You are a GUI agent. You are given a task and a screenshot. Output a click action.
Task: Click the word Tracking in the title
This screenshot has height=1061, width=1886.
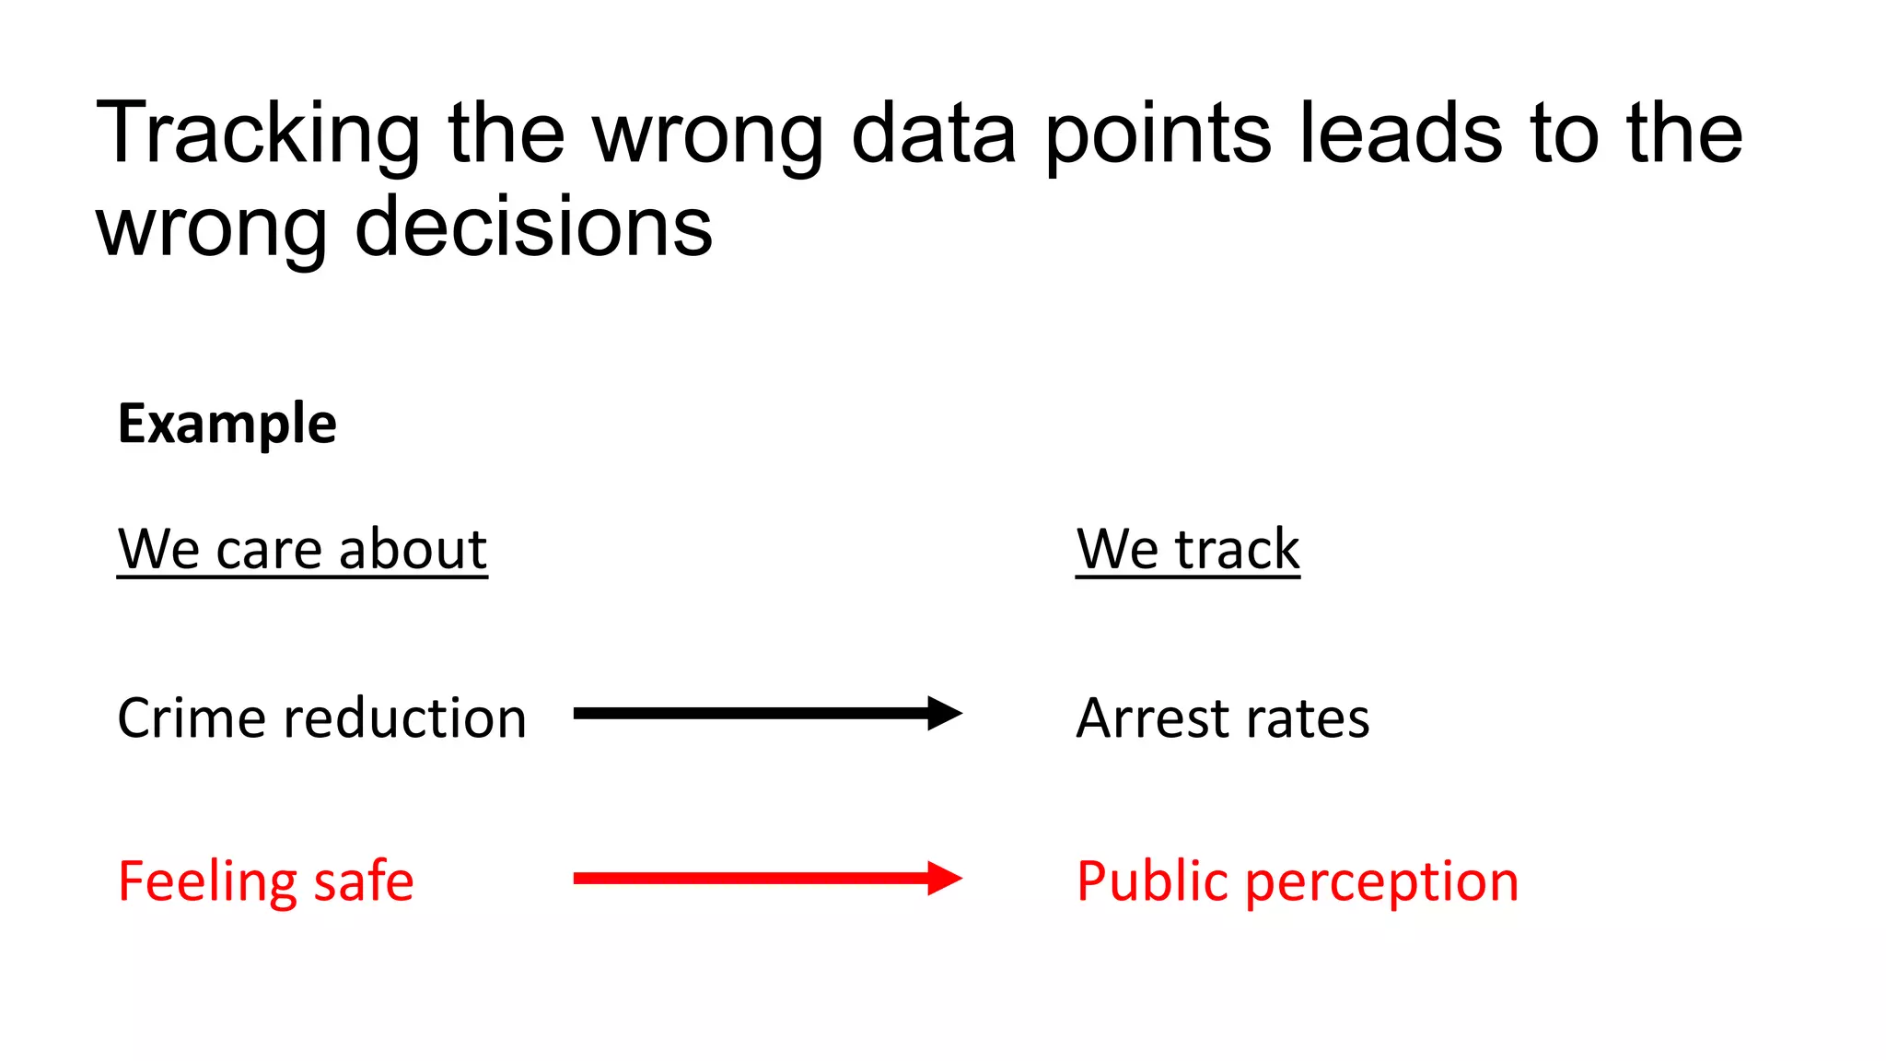tap(258, 135)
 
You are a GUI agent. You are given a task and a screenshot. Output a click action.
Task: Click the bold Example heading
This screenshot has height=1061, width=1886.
tap(227, 425)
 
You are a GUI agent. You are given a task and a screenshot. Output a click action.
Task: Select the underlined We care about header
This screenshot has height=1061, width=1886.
tap(302, 550)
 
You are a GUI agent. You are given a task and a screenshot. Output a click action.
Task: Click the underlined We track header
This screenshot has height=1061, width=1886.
tap(1188, 550)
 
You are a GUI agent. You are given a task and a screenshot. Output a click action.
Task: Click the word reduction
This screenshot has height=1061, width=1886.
tap(405, 718)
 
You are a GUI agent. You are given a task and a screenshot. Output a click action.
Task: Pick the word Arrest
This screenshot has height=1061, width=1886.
tap(1152, 718)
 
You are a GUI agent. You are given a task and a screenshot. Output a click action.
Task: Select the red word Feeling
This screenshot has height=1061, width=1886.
tap(206, 882)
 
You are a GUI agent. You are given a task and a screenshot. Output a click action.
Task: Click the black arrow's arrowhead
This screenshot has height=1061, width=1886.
tap(944, 713)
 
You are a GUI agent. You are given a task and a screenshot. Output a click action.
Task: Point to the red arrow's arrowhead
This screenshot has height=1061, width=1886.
tap(944, 878)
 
